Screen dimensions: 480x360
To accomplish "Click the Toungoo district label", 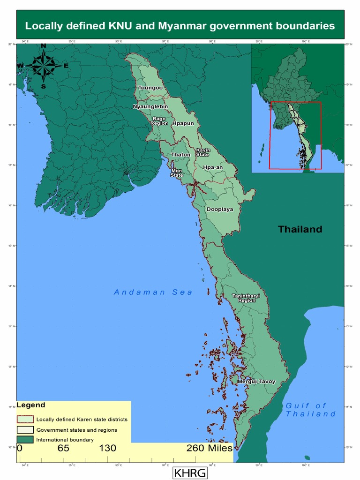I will click(x=150, y=88).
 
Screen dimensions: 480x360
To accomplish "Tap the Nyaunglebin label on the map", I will click(x=150, y=106).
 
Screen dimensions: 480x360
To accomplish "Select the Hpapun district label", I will click(x=183, y=123).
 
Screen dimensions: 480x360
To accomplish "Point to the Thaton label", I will click(x=180, y=154).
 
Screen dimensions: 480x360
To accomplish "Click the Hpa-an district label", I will click(x=213, y=167).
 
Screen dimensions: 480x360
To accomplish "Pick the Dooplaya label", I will click(x=220, y=210).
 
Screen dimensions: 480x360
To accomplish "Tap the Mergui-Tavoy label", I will click(x=256, y=382).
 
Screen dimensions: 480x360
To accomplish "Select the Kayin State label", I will click(x=203, y=152).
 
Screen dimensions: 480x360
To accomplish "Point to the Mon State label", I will click(x=177, y=172).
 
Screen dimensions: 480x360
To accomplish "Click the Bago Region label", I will click(x=159, y=121).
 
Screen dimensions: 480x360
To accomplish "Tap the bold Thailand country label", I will click(x=300, y=229).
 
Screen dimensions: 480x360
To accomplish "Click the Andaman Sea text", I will click(x=153, y=292).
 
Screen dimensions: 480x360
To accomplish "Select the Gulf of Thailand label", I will click(x=310, y=410).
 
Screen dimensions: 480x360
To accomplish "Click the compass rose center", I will click(x=43, y=66).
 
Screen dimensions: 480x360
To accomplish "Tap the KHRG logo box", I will click(x=190, y=472).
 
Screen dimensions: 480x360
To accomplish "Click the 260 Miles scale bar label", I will click(x=209, y=448).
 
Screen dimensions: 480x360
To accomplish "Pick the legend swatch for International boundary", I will click(x=25, y=440).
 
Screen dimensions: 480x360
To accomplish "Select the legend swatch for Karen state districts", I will click(x=25, y=419).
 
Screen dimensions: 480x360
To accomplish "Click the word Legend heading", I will click(x=31, y=405).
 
